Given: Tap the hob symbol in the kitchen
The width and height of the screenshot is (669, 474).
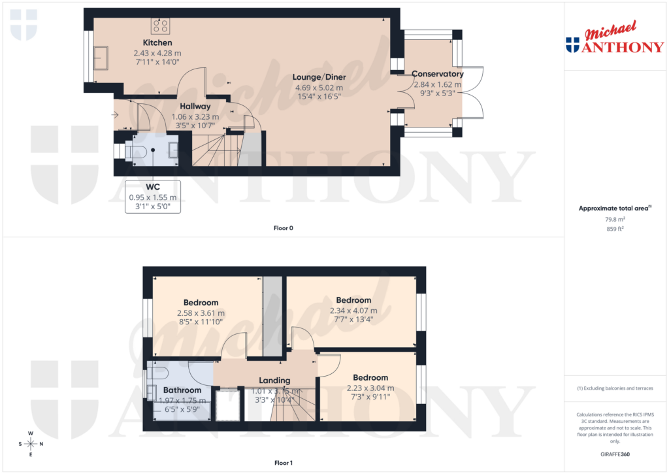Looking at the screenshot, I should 160,26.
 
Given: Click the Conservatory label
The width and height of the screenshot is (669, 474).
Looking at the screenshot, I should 437,75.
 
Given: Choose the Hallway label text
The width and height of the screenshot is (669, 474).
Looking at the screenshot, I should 195,106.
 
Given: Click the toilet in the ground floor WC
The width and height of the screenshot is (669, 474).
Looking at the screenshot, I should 138,152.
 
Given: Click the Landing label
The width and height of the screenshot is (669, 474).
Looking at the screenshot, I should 274,381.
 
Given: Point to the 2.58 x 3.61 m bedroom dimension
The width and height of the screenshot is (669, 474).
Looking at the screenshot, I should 201,313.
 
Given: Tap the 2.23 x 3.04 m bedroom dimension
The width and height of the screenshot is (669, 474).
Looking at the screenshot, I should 370,387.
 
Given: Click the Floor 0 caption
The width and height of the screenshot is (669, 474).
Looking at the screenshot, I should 283,228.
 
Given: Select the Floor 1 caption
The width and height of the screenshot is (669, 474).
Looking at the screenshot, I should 283,463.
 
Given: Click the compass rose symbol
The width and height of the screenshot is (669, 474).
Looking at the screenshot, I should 31,444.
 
